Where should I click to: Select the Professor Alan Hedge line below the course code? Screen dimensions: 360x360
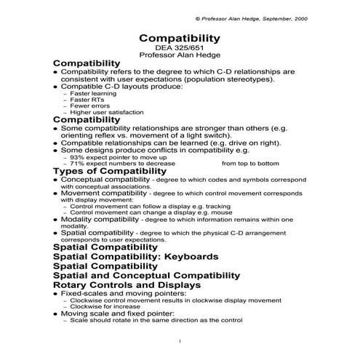coord(179,55)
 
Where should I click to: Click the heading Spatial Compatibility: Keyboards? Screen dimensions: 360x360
coord(135,257)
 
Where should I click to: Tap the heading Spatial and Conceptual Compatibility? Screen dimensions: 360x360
coord(146,276)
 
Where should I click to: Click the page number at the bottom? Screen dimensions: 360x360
coord(180,341)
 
